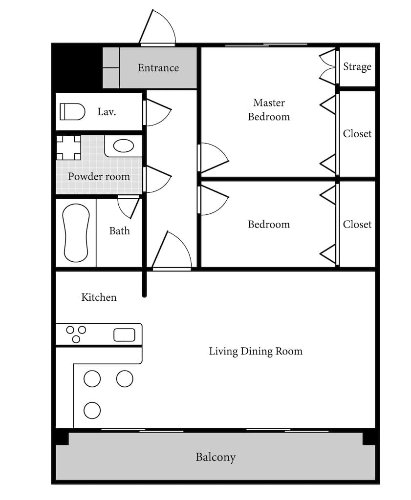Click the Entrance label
(x=158, y=67)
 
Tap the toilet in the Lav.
(x=72, y=112)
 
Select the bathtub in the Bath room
(x=76, y=233)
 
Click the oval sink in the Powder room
(x=124, y=146)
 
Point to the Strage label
(x=357, y=66)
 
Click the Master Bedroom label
(x=269, y=110)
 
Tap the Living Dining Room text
(x=256, y=351)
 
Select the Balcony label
(x=216, y=457)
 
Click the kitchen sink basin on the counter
(x=125, y=335)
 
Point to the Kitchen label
(x=99, y=297)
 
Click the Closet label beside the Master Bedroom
(x=357, y=134)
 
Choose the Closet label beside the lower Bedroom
(x=357, y=225)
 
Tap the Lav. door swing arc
(x=162, y=121)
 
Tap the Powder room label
(x=99, y=176)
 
